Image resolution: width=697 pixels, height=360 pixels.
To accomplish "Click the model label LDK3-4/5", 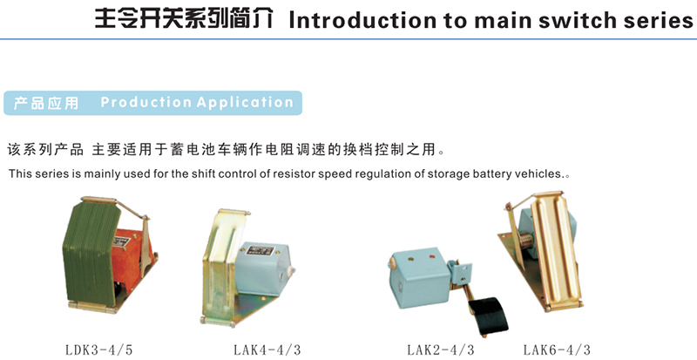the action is pos(99,350).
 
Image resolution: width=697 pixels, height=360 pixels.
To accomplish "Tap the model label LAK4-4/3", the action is pos(267,350).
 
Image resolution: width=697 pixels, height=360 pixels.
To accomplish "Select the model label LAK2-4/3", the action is pos(441,350).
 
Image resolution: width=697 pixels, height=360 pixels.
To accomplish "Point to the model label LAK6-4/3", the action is pos(557,350).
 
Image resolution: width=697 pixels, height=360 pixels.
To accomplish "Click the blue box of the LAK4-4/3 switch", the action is pos(263,269).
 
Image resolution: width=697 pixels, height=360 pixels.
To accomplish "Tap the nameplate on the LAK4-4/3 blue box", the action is pos(260,250).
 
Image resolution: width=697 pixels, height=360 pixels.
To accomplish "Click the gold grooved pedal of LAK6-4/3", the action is pos(556,249).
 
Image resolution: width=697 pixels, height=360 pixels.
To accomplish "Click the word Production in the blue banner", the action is pos(146,102).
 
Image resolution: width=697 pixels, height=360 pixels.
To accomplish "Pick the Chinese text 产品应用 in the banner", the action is pos(46,103).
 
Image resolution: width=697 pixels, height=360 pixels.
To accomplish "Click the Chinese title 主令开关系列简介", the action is pos(184,19).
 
